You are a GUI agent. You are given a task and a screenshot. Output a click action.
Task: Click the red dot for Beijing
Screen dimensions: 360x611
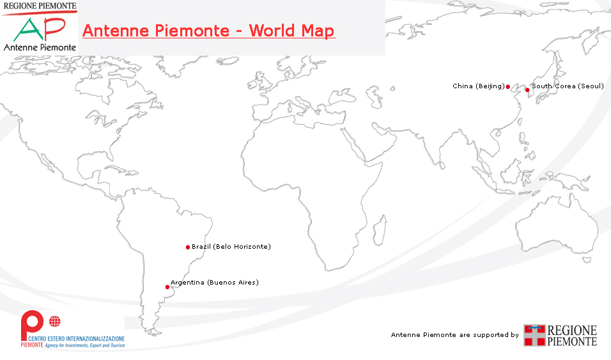click(x=507, y=86)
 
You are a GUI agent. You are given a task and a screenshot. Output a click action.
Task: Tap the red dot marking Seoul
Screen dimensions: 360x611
click(x=527, y=90)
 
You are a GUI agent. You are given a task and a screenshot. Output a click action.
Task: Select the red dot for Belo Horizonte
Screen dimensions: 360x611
click(x=188, y=247)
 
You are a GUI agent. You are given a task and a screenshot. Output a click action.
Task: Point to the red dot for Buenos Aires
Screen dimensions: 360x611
click(x=167, y=287)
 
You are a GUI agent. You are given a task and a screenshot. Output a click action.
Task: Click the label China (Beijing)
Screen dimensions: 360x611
click(x=478, y=86)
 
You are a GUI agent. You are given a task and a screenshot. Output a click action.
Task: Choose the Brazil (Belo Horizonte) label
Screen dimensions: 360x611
click(x=231, y=246)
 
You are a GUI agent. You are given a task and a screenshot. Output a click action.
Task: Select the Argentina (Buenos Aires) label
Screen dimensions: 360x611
click(x=215, y=282)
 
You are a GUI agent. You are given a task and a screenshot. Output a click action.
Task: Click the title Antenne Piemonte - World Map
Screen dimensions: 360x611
click(x=208, y=31)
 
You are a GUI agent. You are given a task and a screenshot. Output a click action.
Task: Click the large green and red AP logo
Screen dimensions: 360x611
click(x=40, y=28)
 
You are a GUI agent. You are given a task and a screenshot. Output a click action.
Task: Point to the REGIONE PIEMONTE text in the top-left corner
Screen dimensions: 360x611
click(x=40, y=6)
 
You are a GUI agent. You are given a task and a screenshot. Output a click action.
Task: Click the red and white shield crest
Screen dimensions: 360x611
click(x=535, y=335)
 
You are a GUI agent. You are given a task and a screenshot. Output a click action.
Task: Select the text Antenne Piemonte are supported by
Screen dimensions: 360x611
click(x=454, y=334)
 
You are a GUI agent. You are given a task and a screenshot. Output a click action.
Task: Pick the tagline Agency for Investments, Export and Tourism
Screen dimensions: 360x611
click(x=86, y=345)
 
